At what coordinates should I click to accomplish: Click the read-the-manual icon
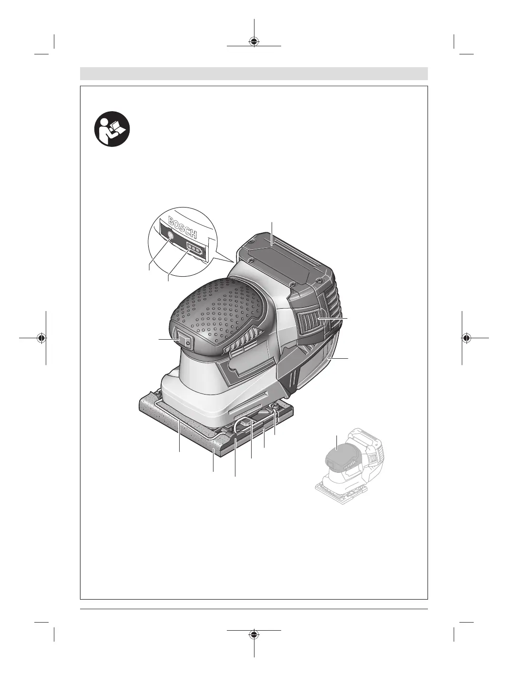(112, 129)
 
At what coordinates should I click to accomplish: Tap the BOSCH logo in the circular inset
(183, 227)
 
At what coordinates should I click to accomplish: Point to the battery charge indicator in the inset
(194, 248)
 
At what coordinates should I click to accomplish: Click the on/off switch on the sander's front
(184, 341)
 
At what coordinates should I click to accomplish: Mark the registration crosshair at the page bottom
(254, 634)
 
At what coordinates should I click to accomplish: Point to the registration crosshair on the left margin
(42, 338)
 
